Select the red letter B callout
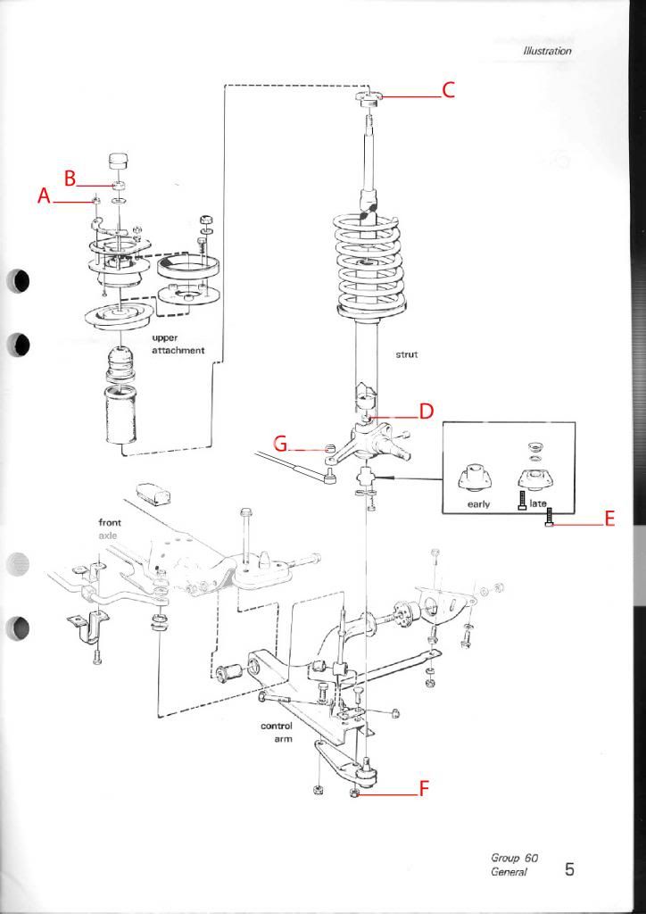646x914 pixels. [x=69, y=176]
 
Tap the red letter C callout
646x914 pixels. [x=449, y=90]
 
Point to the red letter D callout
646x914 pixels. [x=426, y=411]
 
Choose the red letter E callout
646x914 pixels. [x=609, y=519]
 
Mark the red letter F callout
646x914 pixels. [x=425, y=789]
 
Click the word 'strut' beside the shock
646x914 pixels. [x=406, y=354]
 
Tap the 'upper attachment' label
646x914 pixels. [x=178, y=345]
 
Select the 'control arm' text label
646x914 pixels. [x=277, y=732]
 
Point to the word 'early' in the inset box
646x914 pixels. [x=478, y=504]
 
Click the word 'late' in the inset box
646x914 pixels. [x=538, y=504]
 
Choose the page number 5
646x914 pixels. [x=568, y=868]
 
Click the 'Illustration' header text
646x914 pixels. [x=546, y=51]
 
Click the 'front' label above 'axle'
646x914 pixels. [x=110, y=522]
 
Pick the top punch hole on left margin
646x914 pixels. [x=18, y=282]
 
